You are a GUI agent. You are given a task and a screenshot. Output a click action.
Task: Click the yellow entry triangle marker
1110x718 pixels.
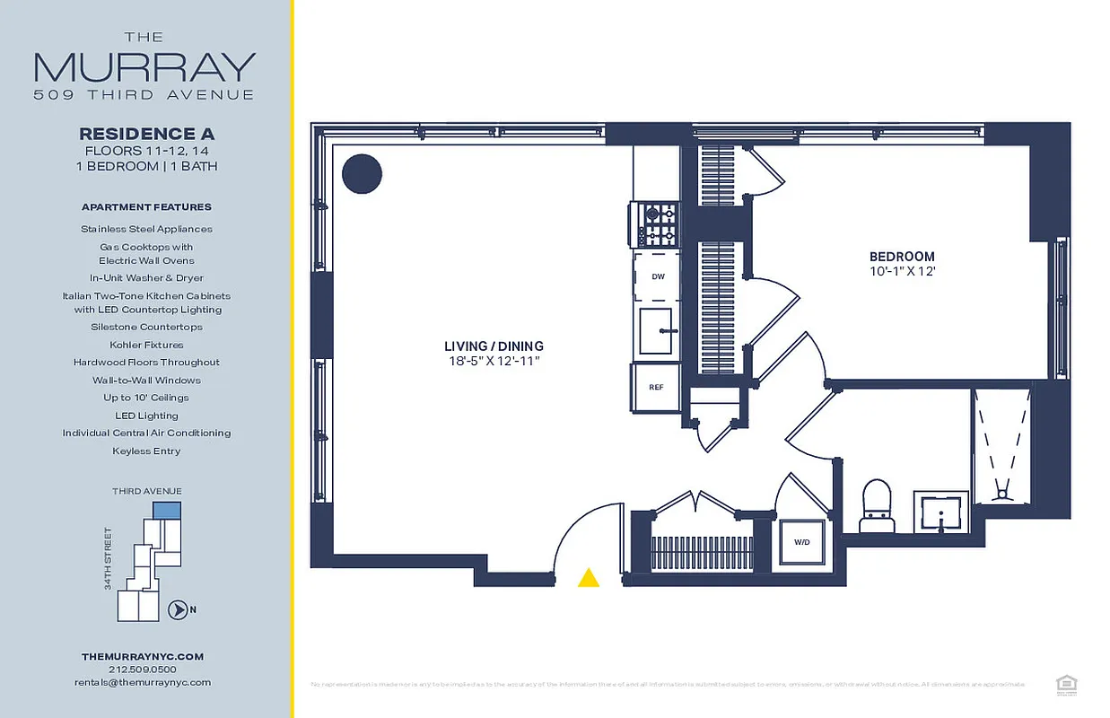pyautogui.click(x=588, y=578)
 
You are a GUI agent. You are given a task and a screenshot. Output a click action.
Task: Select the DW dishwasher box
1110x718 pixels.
pyautogui.click(x=658, y=277)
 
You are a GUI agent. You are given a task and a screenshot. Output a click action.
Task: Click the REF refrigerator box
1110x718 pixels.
pyautogui.click(x=656, y=387)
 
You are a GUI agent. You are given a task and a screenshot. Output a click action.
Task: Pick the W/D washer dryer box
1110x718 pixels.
pyautogui.click(x=801, y=542)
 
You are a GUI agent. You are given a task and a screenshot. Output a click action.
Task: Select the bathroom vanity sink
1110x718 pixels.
pyautogui.click(x=940, y=512)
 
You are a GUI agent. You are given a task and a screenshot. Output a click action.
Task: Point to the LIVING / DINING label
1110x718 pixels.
pyautogui.click(x=494, y=346)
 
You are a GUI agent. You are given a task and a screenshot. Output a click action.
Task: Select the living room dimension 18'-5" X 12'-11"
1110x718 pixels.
pyautogui.click(x=494, y=361)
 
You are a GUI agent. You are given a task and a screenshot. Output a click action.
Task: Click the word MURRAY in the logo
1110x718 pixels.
pyautogui.click(x=144, y=67)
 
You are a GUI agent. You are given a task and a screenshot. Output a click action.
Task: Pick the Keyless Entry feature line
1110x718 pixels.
pyautogui.click(x=146, y=451)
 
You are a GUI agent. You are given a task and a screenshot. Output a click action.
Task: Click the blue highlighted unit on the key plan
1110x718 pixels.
pyautogui.click(x=167, y=510)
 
